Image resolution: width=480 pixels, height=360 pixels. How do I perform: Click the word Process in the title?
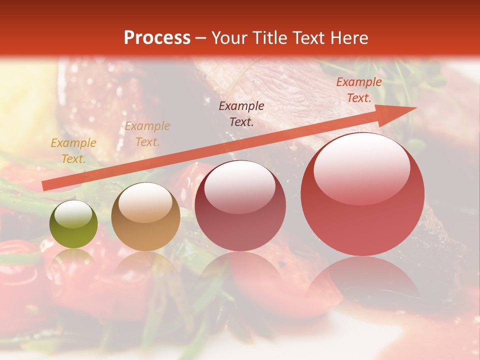(x=157, y=38)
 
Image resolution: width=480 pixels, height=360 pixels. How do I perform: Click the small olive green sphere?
(x=73, y=224)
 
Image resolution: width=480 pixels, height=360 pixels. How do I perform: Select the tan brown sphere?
(x=145, y=217)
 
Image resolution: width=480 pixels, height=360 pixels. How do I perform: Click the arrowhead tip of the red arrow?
(x=415, y=108)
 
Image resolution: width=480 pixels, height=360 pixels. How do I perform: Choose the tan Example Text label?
(x=147, y=134)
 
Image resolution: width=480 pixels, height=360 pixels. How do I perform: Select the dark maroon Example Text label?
(x=241, y=113)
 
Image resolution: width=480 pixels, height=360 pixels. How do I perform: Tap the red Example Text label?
(x=358, y=90)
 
